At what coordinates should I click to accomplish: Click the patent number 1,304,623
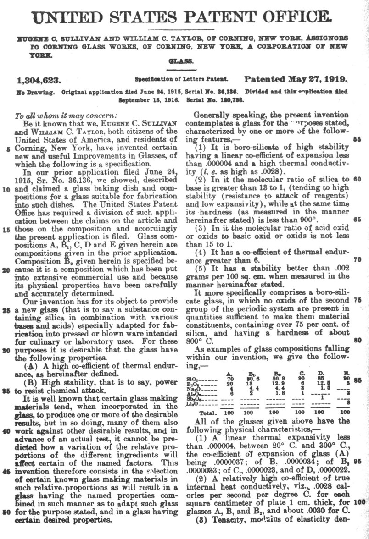[39, 80]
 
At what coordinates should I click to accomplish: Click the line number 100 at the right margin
[360, 502]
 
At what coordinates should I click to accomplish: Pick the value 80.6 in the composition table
[253, 379]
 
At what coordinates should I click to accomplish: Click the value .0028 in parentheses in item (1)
[246, 172]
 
